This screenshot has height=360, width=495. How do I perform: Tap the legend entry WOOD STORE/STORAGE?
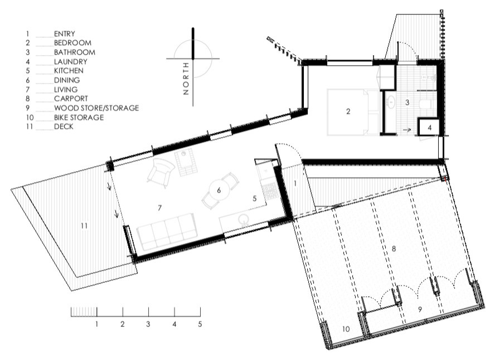click(x=96, y=108)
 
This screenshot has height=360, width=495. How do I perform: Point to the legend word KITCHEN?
click(x=69, y=71)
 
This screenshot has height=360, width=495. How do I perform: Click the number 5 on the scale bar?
click(x=200, y=323)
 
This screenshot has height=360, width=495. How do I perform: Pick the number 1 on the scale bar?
click(x=96, y=323)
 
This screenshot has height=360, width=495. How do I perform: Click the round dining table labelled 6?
click(x=219, y=191)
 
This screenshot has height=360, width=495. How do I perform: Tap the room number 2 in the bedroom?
click(x=348, y=111)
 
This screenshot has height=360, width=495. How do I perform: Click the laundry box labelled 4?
click(x=429, y=128)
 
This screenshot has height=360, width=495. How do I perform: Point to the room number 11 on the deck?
click(x=84, y=226)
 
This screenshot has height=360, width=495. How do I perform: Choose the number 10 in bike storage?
click(x=346, y=329)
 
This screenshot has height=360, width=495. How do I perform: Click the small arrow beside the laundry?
click(x=407, y=129)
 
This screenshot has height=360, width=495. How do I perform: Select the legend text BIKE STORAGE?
click(x=79, y=118)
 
